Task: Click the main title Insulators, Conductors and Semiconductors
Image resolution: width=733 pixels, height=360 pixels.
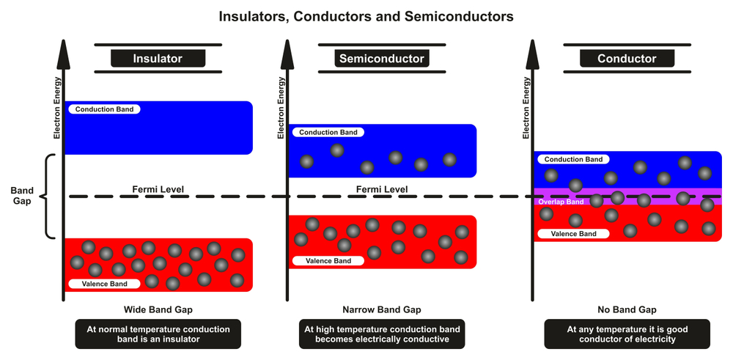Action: pos(366,15)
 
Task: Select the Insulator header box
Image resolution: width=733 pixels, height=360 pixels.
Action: pos(158,59)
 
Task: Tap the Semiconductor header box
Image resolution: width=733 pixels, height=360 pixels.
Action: pos(381,59)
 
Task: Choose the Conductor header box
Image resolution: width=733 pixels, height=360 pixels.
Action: pos(616,59)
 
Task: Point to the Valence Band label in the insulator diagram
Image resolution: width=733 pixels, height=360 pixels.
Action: pos(103,284)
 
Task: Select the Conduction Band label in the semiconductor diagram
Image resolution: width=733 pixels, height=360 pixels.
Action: pos(328,133)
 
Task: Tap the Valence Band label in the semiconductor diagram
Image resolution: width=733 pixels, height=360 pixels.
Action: pos(328,260)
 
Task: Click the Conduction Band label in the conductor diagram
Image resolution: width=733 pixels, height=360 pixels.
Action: pos(574,159)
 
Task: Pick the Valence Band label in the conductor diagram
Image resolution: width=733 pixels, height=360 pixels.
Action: pos(574,234)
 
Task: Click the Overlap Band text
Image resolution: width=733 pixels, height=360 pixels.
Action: pos(561,201)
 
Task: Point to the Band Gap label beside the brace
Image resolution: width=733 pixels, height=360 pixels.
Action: pos(22,196)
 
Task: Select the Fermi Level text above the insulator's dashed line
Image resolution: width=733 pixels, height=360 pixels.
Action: pos(158,189)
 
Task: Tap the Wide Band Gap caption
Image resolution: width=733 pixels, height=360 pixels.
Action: pos(158,309)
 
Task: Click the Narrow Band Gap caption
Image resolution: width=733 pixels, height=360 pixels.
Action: pos(381,309)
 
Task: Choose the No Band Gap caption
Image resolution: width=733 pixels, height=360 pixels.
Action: pos(627,309)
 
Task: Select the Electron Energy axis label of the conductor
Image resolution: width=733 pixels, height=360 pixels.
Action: pos(526,108)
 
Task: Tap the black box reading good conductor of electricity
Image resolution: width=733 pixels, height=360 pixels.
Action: pos(627,334)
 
